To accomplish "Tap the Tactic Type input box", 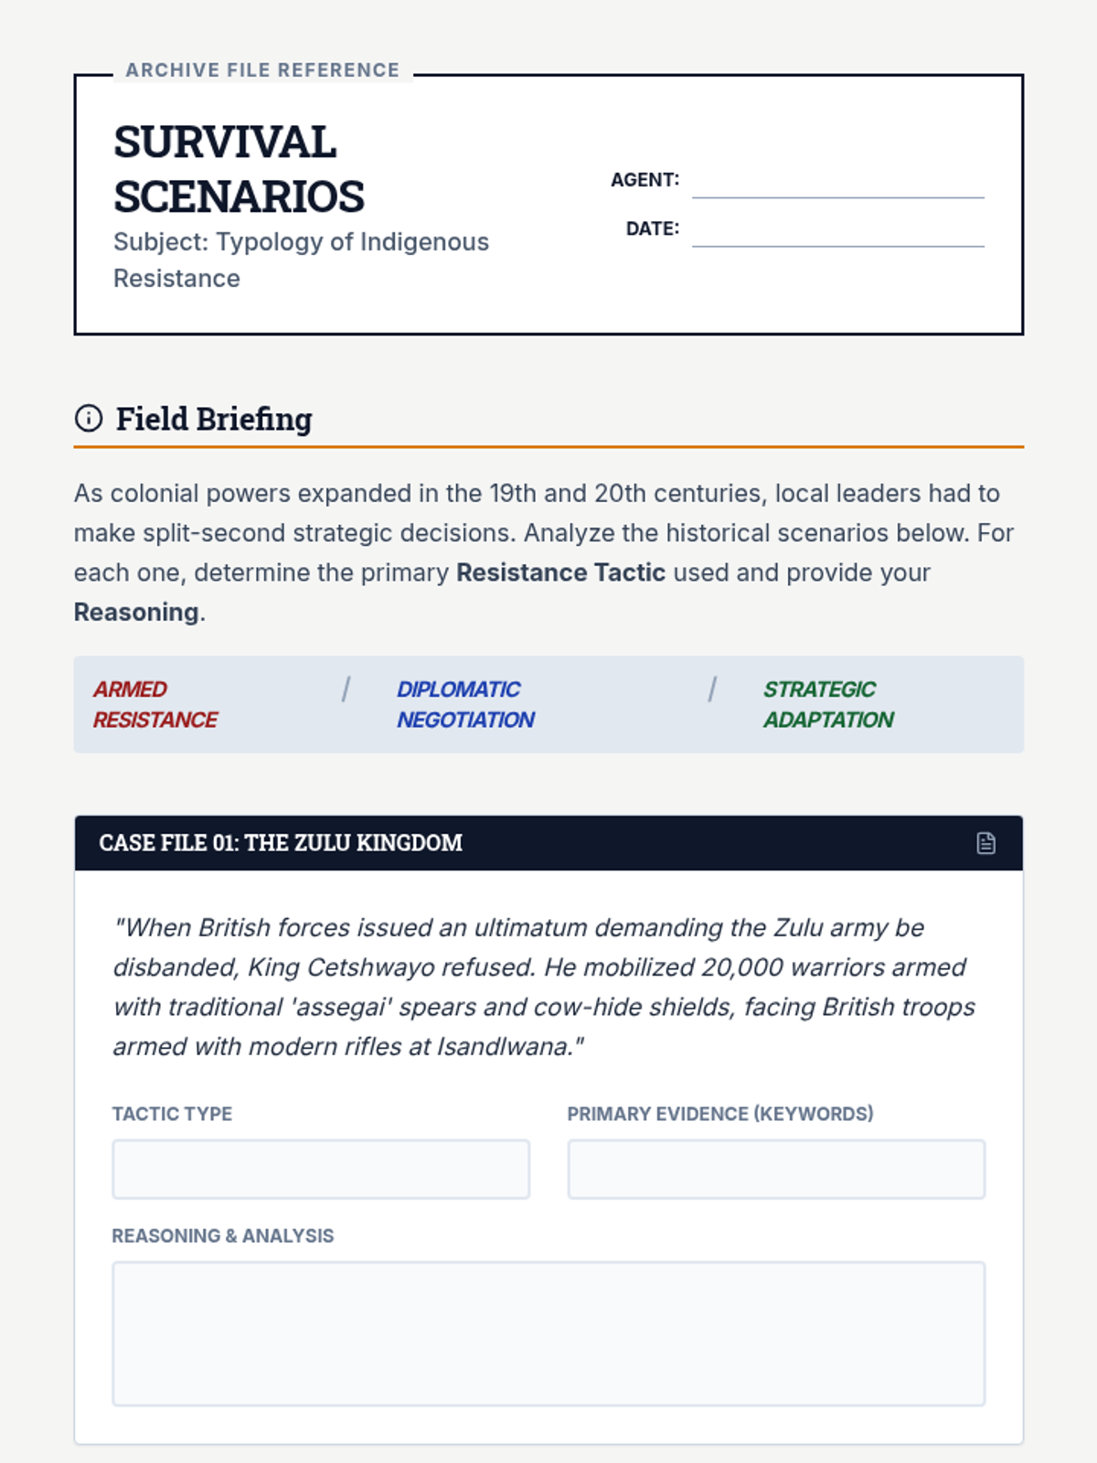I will pyautogui.click(x=321, y=1169).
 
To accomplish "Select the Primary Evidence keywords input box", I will pyautogui.click(x=776, y=1169).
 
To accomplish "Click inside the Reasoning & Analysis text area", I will pyautogui.click(x=548, y=1333).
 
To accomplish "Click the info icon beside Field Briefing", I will pyautogui.click(x=89, y=419).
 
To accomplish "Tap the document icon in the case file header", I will pyautogui.click(x=985, y=843).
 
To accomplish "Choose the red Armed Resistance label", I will pyautogui.click(x=155, y=704).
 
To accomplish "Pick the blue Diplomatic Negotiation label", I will pyautogui.click(x=465, y=704).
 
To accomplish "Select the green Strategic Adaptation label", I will pyautogui.click(x=828, y=704).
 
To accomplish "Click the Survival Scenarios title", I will pyautogui.click(x=239, y=169).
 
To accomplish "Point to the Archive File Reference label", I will pyautogui.click(x=262, y=70).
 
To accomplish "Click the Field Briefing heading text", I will pyautogui.click(x=214, y=419).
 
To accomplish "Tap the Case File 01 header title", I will pyautogui.click(x=281, y=843).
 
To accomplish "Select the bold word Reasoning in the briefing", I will pyautogui.click(x=136, y=612).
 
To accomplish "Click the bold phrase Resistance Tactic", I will pyautogui.click(x=560, y=572).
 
